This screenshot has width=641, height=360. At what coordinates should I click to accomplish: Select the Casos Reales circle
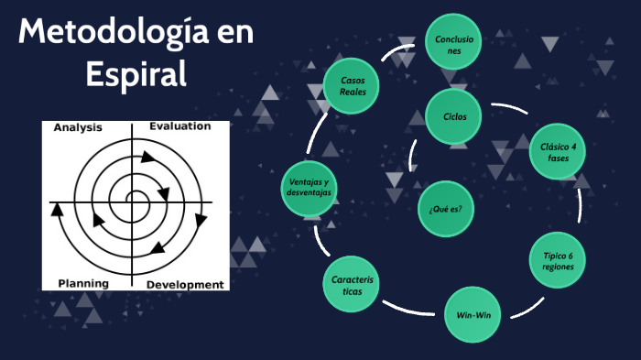tap(353, 86)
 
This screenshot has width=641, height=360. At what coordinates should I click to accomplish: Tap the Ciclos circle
tap(454, 116)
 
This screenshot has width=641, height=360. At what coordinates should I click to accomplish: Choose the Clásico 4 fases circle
tap(558, 151)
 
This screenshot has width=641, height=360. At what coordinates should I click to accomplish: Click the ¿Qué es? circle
tap(445, 209)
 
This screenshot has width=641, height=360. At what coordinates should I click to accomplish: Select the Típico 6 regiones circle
tap(558, 261)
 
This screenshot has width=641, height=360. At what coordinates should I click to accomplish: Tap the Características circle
tap(349, 285)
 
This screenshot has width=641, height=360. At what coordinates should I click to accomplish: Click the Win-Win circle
tap(473, 315)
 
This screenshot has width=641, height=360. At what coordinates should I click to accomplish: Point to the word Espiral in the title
tap(136, 73)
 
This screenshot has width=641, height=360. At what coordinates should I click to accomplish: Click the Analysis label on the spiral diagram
tap(78, 127)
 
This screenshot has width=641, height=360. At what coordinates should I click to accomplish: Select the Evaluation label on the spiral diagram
tap(179, 126)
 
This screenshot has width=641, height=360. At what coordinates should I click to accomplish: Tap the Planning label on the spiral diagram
tap(83, 284)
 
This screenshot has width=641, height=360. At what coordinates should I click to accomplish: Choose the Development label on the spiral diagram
tap(185, 285)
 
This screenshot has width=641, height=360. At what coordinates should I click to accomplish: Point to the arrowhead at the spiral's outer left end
tap(57, 208)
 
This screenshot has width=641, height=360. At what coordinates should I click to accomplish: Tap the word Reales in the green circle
tap(353, 93)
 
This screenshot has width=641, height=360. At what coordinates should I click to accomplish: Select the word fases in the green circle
tap(558, 158)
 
